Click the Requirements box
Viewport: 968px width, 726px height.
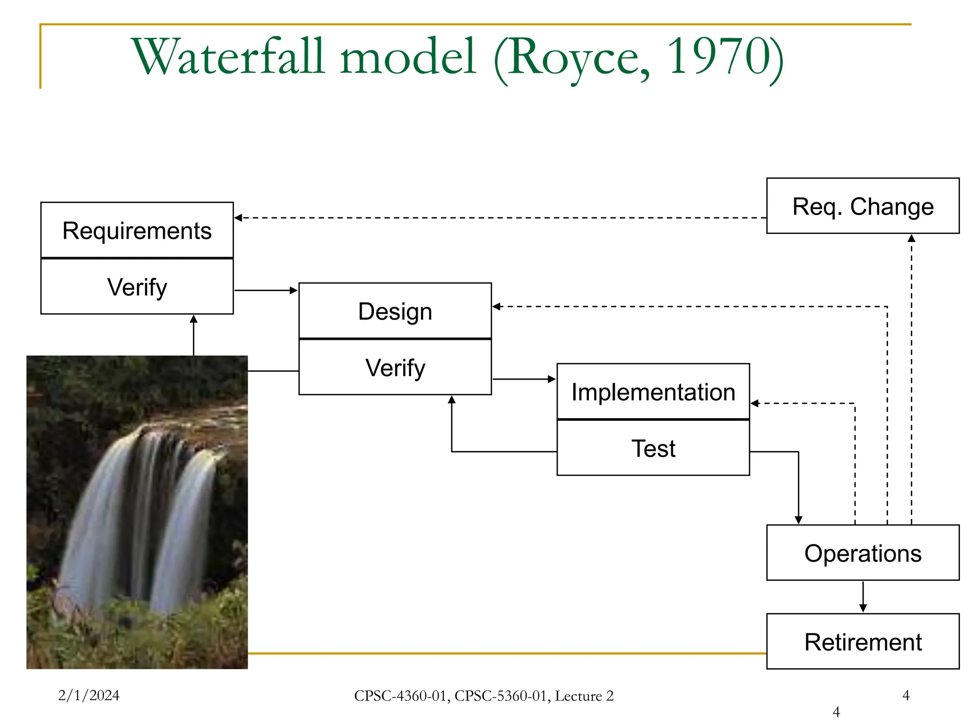[x=137, y=231]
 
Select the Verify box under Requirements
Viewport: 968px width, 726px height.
[x=137, y=287]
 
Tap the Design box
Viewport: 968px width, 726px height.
[x=395, y=311]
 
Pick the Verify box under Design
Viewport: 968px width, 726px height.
[x=395, y=368]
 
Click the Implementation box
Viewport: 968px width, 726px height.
[x=653, y=392]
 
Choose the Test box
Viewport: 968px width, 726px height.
[x=653, y=448]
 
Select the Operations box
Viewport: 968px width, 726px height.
[x=863, y=553]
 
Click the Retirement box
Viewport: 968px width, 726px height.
[x=863, y=642]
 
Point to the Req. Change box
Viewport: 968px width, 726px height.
[x=863, y=207]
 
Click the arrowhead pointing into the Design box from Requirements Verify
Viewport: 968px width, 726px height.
[x=294, y=290]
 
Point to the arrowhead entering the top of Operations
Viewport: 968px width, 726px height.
[x=799, y=520]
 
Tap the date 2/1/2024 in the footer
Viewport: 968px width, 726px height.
[x=89, y=695]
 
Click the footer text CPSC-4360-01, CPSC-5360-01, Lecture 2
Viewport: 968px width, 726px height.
[x=484, y=696]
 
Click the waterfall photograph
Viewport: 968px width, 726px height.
[x=137, y=512]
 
